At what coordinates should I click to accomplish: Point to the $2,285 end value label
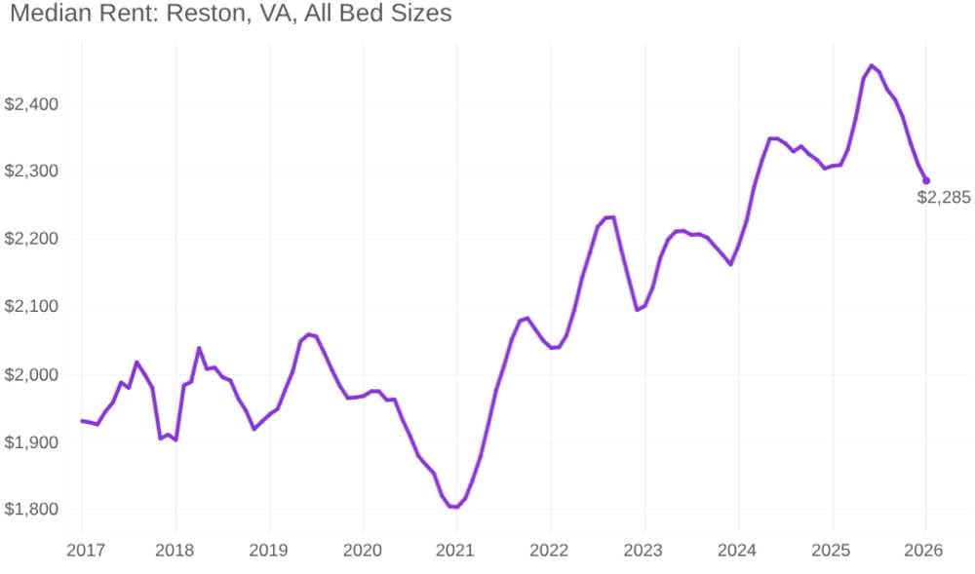944,198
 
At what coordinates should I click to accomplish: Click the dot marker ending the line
926,180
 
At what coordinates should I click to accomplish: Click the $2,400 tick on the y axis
32,103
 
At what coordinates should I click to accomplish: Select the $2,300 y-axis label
32,171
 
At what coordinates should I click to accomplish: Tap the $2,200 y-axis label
32,239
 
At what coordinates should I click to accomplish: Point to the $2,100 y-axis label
32,306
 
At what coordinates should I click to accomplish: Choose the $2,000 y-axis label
32,374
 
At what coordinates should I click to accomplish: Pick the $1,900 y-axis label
32,442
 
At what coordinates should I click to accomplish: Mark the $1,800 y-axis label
32,510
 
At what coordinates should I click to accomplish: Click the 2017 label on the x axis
86,551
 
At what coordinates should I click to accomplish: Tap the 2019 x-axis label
269,551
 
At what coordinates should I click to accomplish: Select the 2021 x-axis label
454,551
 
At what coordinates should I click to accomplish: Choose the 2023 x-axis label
643,551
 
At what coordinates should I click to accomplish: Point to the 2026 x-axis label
923,551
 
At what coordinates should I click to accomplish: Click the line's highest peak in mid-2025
871,65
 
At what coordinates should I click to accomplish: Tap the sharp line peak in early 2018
199,348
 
